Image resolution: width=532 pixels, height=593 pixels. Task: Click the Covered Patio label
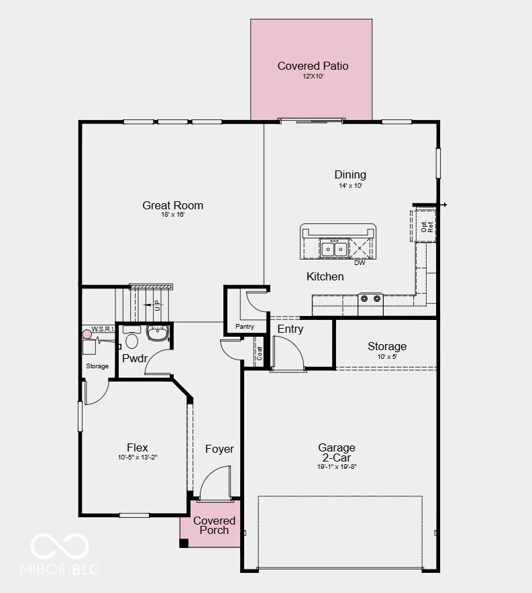coord(313,66)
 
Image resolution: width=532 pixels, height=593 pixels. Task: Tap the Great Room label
coord(172,205)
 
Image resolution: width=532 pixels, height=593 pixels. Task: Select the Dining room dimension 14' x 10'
coord(350,186)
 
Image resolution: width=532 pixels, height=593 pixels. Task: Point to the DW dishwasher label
coord(360,263)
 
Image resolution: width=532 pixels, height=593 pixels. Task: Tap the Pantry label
coord(245,327)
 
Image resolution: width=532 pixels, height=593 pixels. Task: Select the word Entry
coord(290,329)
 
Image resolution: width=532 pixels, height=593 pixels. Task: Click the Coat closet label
coord(260,354)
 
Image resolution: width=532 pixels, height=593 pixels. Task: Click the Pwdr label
coord(134,358)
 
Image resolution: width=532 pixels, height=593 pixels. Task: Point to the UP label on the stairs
coord(157,305)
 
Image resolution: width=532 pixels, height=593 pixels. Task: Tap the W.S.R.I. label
coord(102,329)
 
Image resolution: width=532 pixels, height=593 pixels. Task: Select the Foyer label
coord(219,449)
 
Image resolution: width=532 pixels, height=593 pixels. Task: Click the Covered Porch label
coord(214,525)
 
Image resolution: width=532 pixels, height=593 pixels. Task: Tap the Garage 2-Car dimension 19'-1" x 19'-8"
coord(337,466)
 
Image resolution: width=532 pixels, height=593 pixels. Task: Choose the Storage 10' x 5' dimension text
coord(386,356)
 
